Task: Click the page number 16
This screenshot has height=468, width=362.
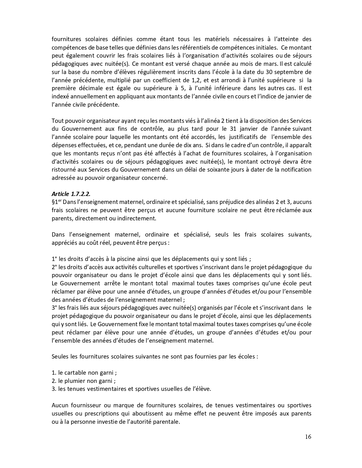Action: [308, 437]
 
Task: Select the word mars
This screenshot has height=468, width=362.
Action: [254, 64]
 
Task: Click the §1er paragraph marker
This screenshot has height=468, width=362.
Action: [57, 202]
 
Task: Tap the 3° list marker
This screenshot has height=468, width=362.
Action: [55, 308]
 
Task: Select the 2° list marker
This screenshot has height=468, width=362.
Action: [55, 267]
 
